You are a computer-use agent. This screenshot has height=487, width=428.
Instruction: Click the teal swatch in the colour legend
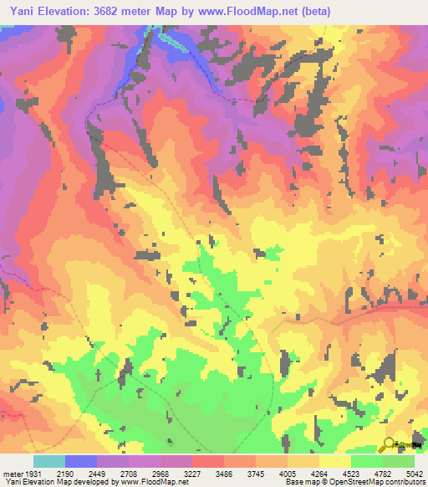coord(48,462)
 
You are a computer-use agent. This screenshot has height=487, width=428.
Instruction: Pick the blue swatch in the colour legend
coord(80,462)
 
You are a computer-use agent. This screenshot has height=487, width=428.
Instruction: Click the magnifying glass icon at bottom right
coord(388,443)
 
